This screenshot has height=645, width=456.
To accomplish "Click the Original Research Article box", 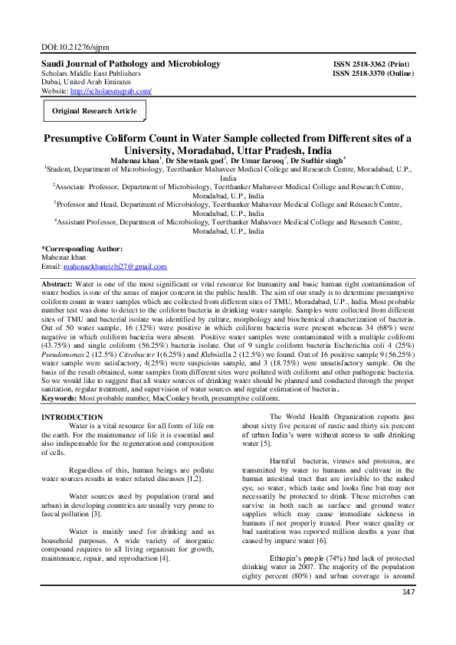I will (94, 111).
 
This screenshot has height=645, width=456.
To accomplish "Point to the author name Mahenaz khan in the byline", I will (135, 160).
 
